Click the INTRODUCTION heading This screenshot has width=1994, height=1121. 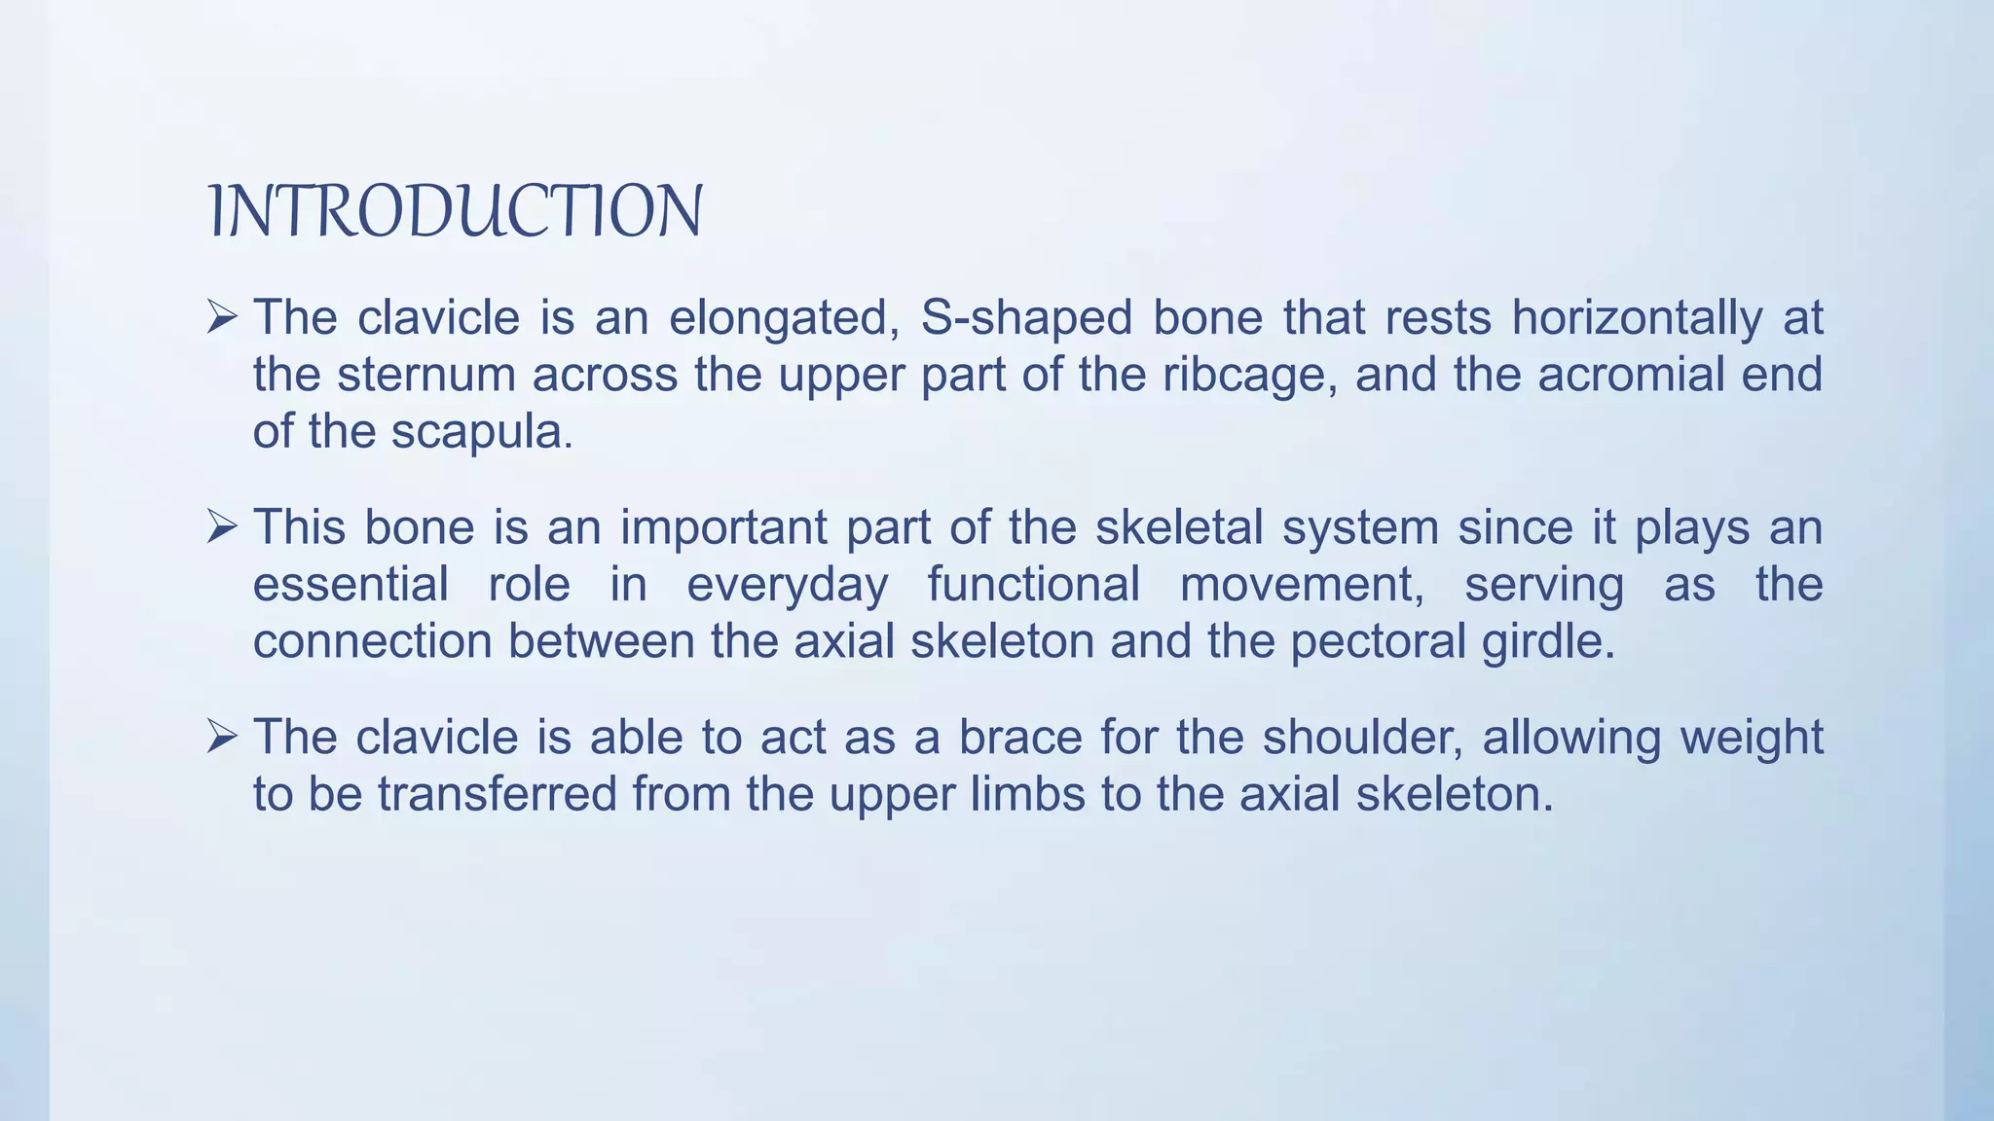[456, 211]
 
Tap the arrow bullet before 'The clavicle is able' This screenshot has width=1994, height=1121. [222, 737]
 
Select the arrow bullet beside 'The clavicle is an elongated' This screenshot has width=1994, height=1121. [222, 317]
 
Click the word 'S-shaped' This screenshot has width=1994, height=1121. [1026, 319]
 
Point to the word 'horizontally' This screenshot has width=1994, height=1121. [1637, 319]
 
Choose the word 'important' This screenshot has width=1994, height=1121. [723, 529]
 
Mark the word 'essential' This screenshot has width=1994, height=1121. [351, 586]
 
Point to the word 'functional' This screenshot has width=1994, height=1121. [1033, 586]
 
